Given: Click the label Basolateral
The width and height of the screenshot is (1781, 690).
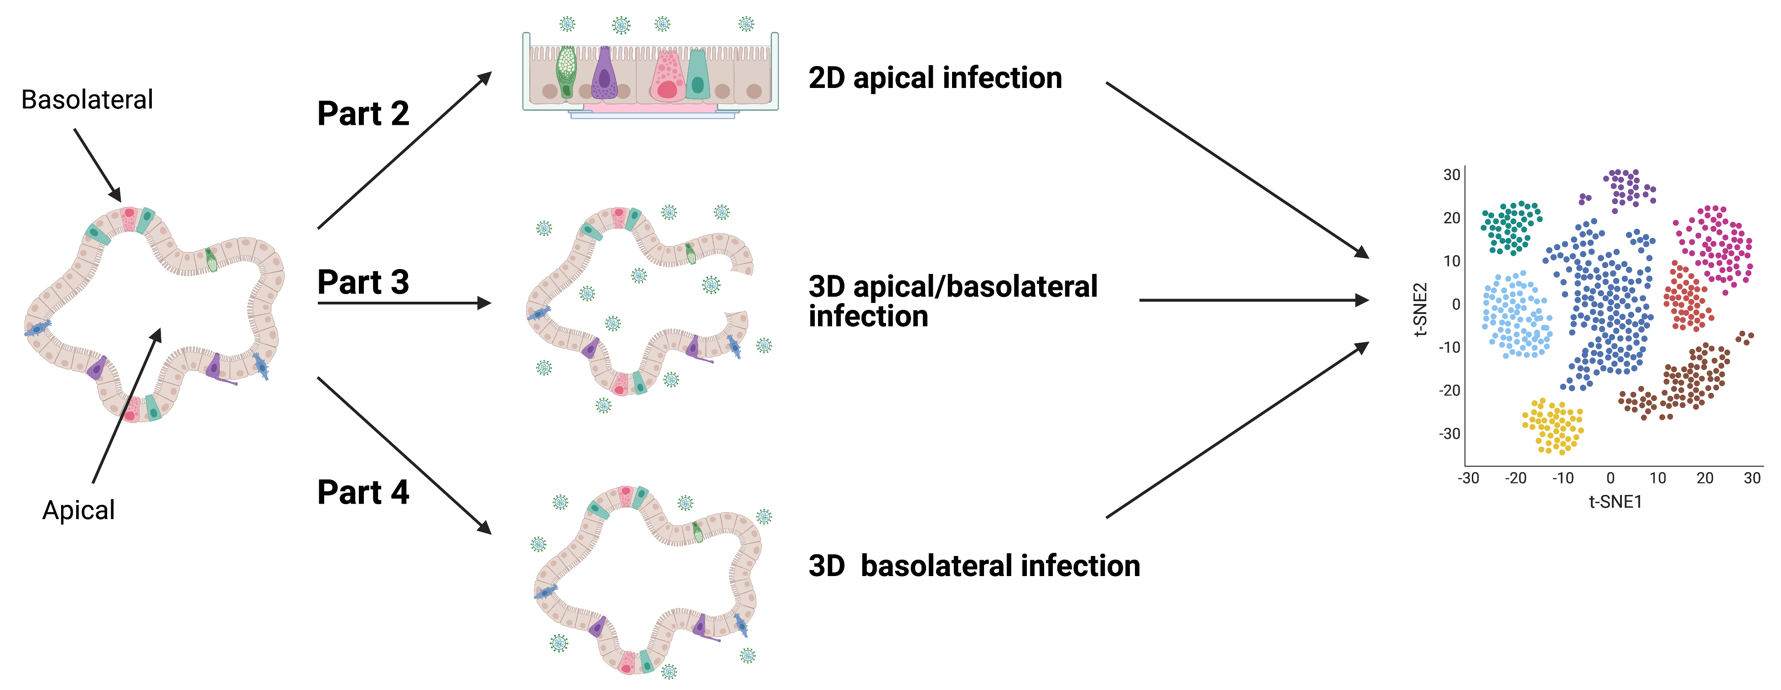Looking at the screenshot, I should pyautogui.click(x=87, y=99).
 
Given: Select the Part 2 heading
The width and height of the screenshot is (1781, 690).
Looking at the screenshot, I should pyautogui.click(x=363, y=113).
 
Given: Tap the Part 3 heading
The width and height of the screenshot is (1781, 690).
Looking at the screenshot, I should pyautogui.click(x=363, y=282).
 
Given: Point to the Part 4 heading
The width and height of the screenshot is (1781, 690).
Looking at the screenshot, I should pyautogui.click(x=363, y=492).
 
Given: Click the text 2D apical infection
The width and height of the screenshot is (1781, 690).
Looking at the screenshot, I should pyautogui.click(x=935, y=78).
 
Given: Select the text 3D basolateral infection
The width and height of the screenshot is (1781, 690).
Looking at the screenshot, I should pyautogui.click(x=973, y=566).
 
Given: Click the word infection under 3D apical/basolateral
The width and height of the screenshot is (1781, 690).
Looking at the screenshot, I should pyautogui.click(x=868, y=317).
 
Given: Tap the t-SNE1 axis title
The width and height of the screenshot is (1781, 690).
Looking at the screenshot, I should pyautogui.click(x=1615, y=502).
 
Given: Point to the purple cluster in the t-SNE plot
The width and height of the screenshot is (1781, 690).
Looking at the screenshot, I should pyautogui.click(x=1629, y=187).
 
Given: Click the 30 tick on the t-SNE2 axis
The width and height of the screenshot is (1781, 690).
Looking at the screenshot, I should pyautogui.click(x=1452, y=175).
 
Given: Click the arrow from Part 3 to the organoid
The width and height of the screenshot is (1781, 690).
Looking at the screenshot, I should pyautogui.click(x=404, y=303).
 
